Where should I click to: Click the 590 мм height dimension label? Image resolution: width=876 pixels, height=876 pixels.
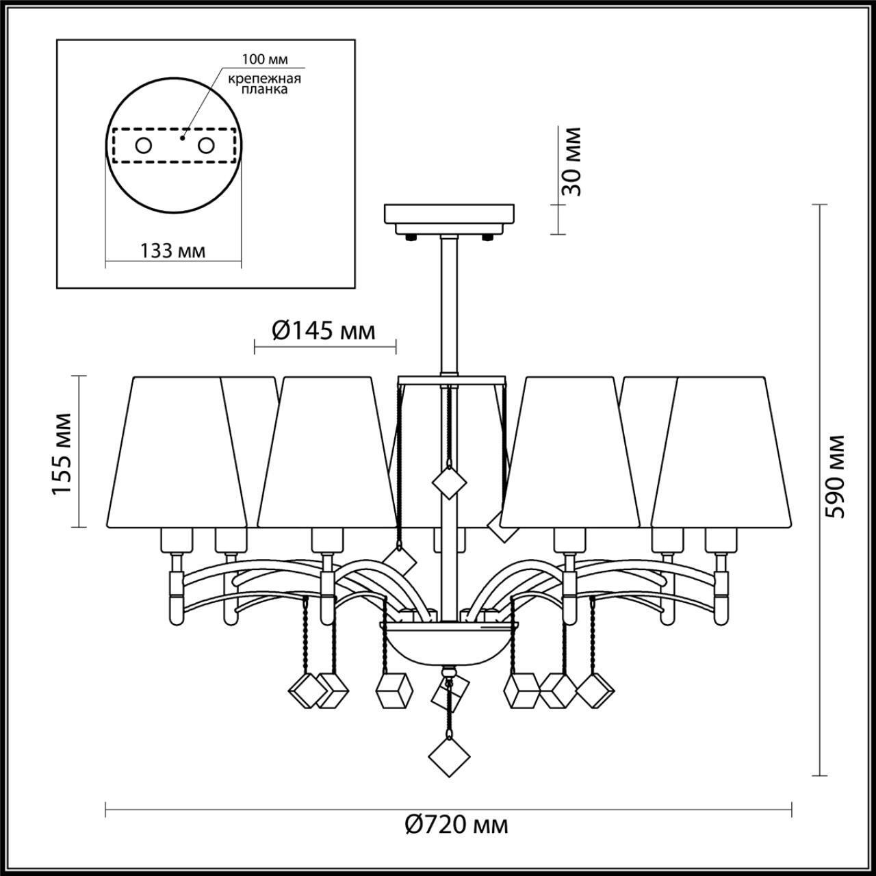(836, 476)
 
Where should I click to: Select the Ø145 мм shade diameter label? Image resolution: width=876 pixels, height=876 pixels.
(324, 331)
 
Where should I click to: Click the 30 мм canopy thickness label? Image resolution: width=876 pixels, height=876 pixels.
(571, 162)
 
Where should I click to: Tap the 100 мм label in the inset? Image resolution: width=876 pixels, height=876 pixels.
(265, 59)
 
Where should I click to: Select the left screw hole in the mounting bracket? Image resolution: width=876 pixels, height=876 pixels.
(144, 145)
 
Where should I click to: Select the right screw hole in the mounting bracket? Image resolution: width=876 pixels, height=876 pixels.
(205, 145)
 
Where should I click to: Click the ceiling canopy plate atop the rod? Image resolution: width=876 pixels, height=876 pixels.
(450, 216)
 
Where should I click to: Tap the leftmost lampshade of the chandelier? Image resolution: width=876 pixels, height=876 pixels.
(177, 452)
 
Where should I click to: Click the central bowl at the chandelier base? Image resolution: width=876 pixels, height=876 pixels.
(450, 643)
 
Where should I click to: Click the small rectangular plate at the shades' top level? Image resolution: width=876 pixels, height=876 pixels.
(452, 378)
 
